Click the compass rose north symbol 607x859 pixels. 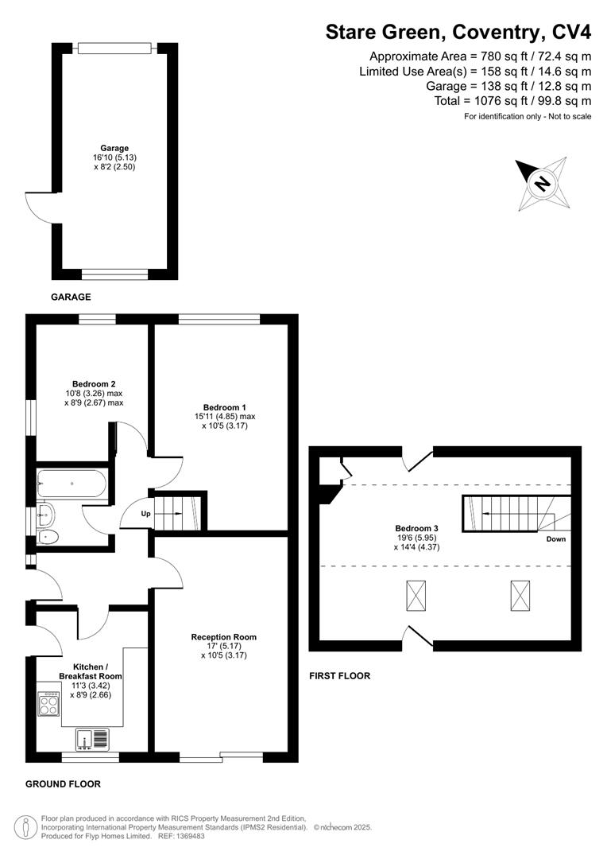pos(542,183)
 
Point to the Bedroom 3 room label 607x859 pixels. pos(417,528)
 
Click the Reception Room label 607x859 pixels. pos(223,637)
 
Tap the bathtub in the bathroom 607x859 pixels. pos(71,482)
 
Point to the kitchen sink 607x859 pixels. pos(92,740)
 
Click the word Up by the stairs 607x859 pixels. pos(145,514)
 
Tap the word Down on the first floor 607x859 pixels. pos(556,538)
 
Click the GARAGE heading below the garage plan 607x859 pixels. pos(72,297)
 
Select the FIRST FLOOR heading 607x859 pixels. pos(339,676)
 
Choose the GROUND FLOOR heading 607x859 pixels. pos(64,784)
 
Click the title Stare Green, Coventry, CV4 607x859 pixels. pos(458,33)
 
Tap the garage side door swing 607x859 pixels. pos(40,207)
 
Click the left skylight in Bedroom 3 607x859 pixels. pos(416,594)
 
